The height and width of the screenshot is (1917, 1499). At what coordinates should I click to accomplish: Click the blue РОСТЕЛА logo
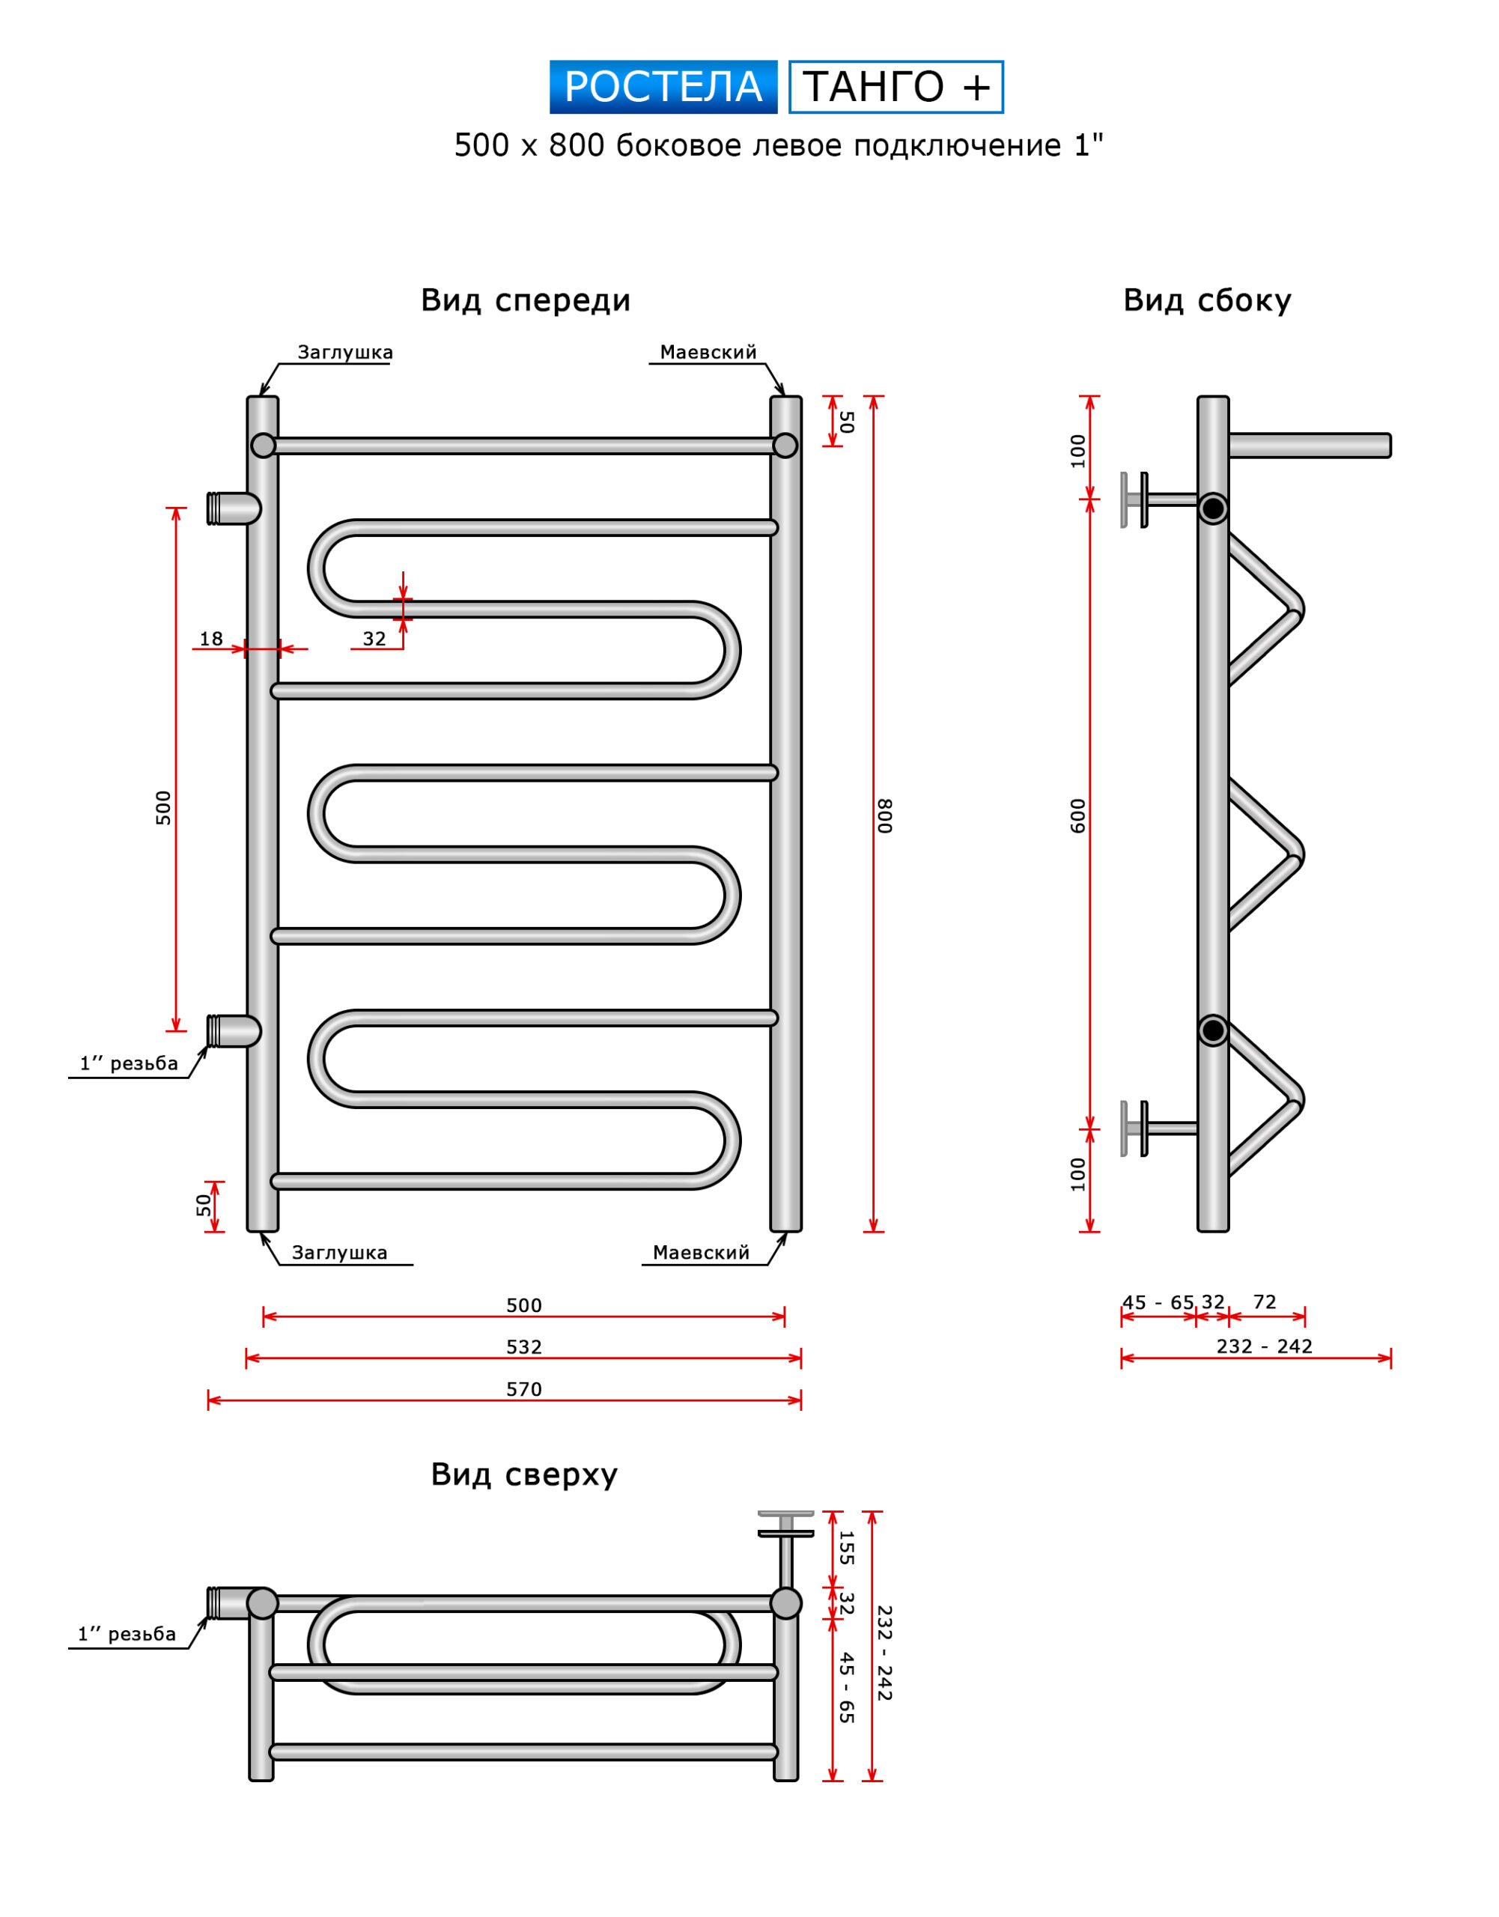coord(663,87)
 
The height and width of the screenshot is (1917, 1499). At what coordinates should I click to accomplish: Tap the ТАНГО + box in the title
coord(896,87)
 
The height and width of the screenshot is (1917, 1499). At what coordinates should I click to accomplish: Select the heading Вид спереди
coord(525,300)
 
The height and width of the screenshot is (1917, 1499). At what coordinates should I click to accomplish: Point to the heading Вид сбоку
coord(1207,300)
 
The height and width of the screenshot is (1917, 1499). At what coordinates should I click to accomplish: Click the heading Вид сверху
coord(524,1474)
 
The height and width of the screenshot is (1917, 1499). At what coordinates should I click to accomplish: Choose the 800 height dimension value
coord(885,815)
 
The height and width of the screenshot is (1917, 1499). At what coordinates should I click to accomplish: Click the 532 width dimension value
coord(524,1347)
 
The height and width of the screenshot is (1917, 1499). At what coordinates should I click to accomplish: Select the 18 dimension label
coord(211,639)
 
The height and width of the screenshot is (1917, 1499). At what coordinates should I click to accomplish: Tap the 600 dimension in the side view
coord(1077,815)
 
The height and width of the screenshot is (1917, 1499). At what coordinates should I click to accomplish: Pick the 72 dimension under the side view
coord(1265,1302)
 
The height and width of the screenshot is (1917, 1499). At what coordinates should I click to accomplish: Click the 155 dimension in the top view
coord(846,1549)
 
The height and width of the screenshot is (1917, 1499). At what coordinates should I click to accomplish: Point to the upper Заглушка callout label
coord(345,353)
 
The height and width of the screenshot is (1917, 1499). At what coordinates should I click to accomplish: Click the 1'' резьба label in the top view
coord(127,1635)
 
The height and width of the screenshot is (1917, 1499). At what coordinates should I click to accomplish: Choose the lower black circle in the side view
coord(1213,1030)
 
